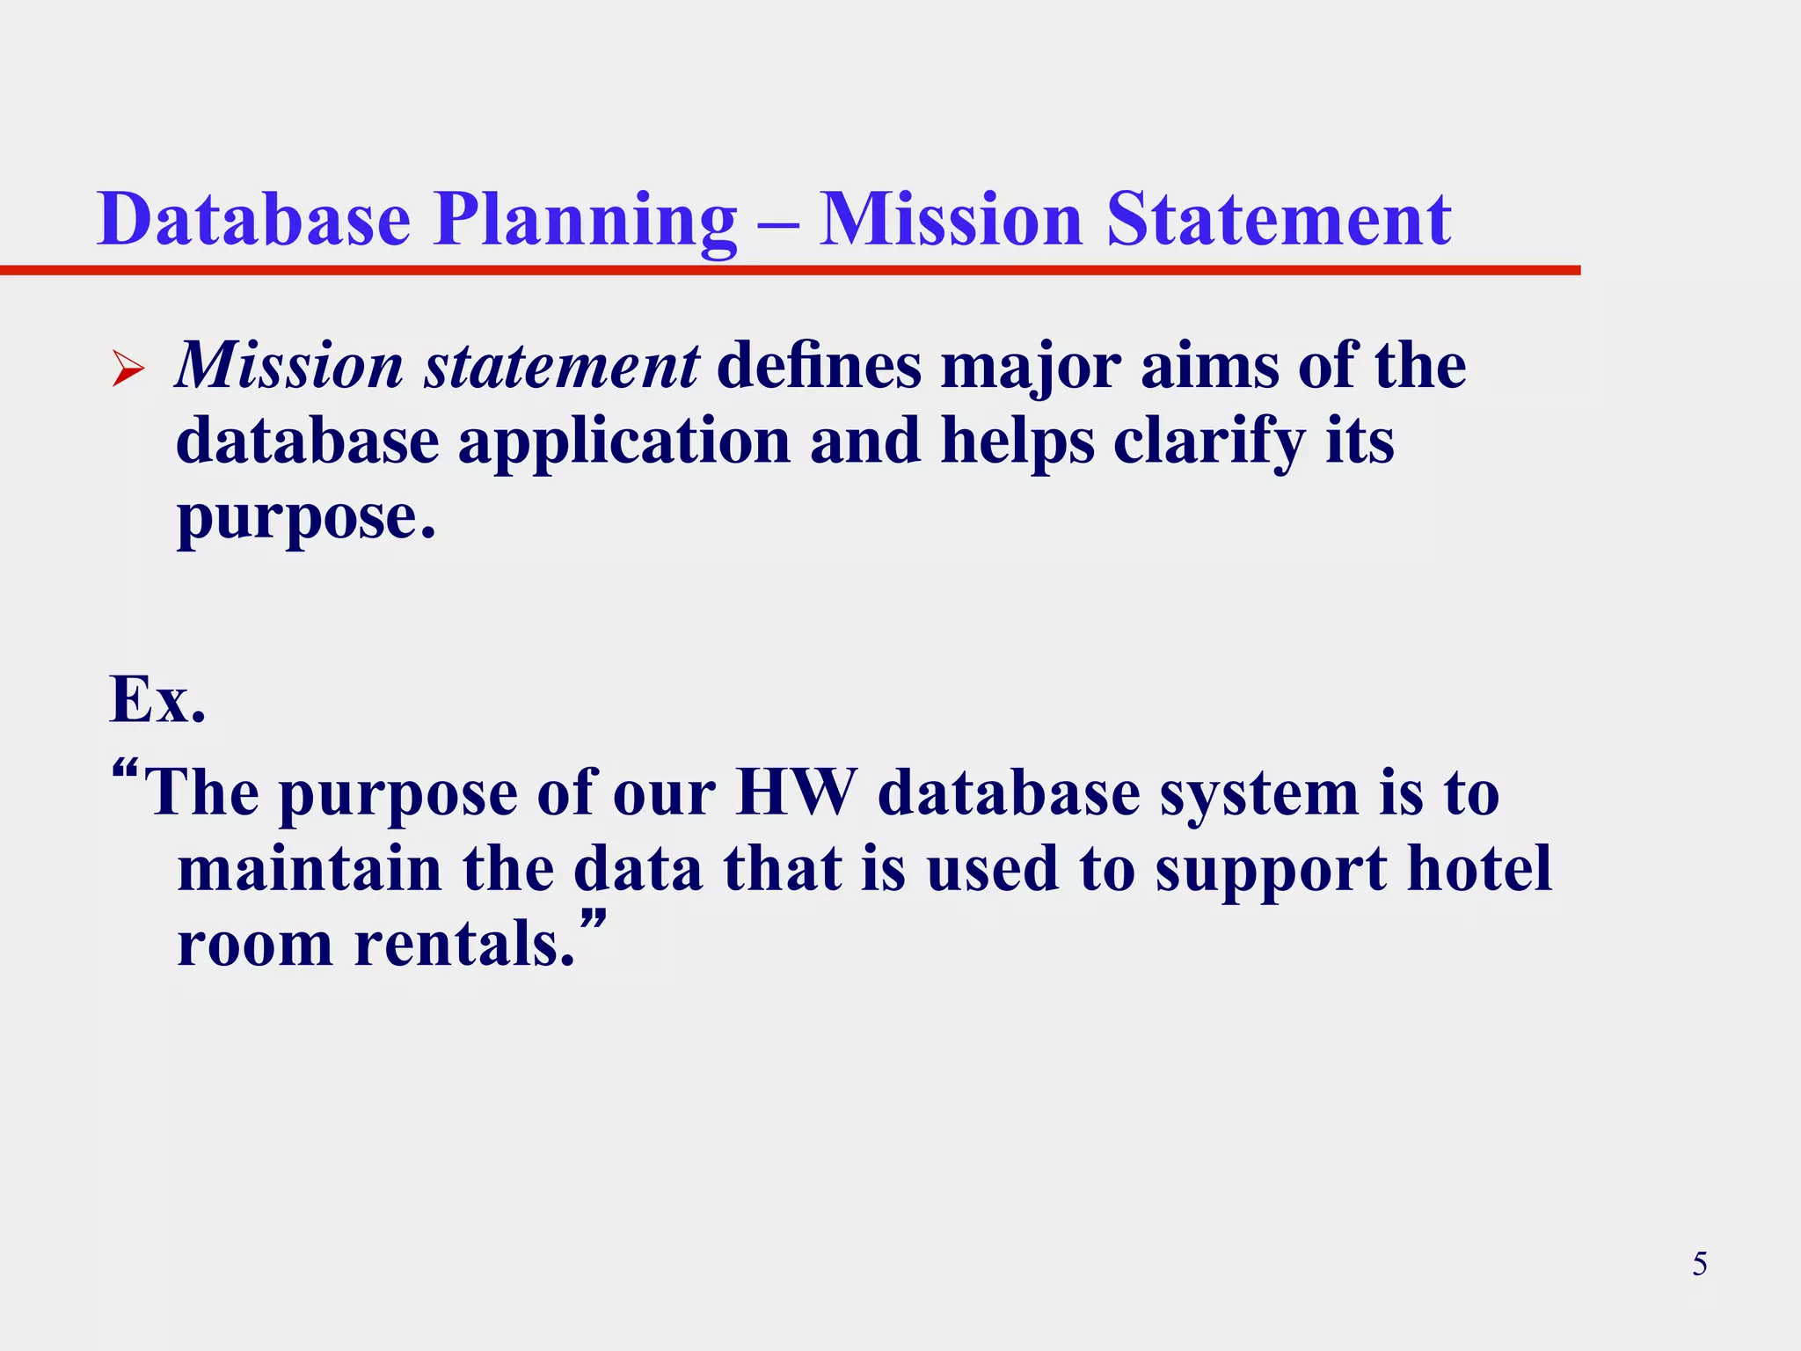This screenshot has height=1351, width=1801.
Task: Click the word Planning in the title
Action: [584, 220]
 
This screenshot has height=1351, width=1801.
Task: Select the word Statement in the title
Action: [1279, 220]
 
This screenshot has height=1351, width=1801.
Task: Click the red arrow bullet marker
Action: [128, 368]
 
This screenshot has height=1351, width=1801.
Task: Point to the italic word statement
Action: [562, 366]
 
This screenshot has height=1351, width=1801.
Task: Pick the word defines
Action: [820, 366]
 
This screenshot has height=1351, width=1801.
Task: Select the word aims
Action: [1209, 366]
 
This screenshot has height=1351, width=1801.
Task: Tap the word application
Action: [623, 442]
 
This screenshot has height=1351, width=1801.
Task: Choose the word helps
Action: [1017, 442]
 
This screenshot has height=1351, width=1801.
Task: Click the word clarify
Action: [1210, 442]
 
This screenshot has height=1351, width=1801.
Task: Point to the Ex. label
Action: [157, 700]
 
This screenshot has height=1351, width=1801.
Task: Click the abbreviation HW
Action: [796, 792]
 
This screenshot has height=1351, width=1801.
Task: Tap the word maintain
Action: [310, 869]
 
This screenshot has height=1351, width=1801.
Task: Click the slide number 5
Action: [1700, 1264]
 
